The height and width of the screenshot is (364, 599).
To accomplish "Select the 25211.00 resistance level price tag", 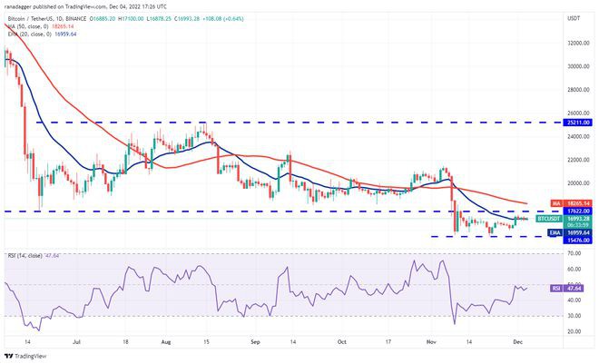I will point(577,122).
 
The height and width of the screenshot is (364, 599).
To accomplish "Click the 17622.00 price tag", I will point(577,211).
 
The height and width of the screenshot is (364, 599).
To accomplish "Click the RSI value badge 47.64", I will point(575,289).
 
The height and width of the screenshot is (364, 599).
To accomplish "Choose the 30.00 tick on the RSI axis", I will point(574,315).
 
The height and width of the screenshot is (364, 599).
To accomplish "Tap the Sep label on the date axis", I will point(255,343).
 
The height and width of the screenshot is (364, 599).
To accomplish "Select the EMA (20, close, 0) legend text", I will point(32,34).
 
